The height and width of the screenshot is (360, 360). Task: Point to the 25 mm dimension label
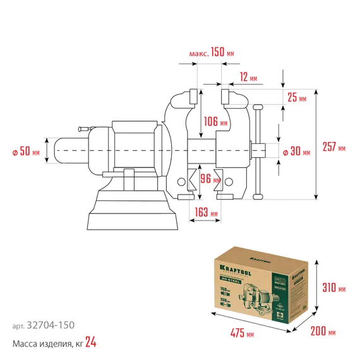(296, 98)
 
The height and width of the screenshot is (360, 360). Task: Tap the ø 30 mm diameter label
(296, 152)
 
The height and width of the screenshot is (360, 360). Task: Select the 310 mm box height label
(334, 288)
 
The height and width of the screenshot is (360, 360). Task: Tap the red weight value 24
(91, 343)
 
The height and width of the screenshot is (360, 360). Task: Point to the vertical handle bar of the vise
(256, 152)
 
